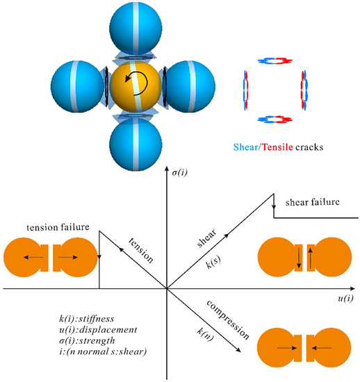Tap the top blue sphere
click(x=137, y=28)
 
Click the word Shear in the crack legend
click(x=246, y=148)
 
